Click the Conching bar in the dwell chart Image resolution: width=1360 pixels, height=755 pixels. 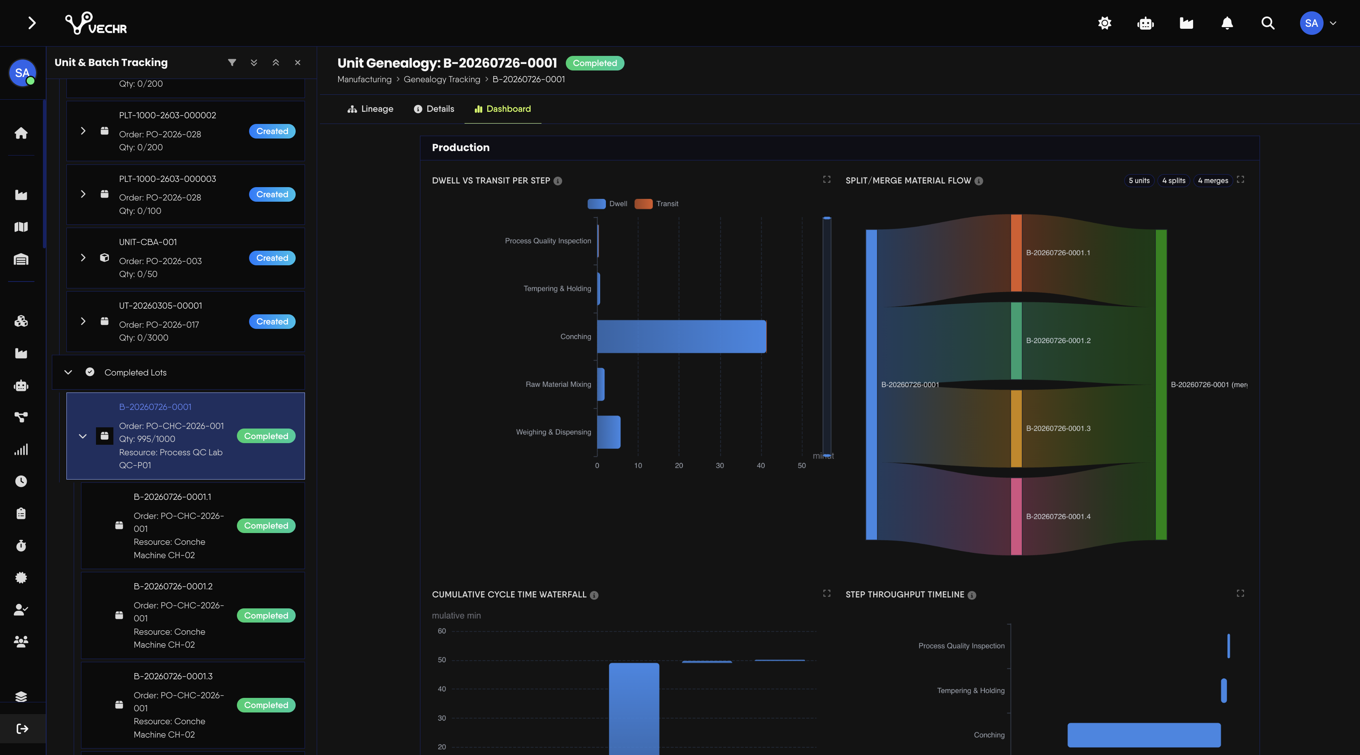[x=682, y=336]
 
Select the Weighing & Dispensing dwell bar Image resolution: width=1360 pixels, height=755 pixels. [x=609, y=432]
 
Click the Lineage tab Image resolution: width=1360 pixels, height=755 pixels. [x=370, y=109]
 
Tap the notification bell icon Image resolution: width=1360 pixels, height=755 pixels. [x=1227, y=23]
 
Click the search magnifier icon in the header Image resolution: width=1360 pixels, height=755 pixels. [x=1268, y=23]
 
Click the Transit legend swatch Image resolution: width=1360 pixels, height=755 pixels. [x=643, y=204]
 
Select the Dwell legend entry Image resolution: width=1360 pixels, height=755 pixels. [x=607, y=204]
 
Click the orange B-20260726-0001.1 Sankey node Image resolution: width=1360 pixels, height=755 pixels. [x=1016, y=253]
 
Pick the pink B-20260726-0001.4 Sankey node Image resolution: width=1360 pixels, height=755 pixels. [x=1016, y=516]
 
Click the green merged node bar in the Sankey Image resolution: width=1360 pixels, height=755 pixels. [x=1161, y=384]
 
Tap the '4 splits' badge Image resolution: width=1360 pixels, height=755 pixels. [x=1174, y=181]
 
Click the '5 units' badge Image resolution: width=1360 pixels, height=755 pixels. [x=1139, y=181]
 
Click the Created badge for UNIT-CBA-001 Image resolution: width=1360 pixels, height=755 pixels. [x=272, y=258]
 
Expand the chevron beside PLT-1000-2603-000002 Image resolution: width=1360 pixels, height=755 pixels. [x=83, y=131]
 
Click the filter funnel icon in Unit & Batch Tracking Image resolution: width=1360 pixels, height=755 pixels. [x=232, y=62]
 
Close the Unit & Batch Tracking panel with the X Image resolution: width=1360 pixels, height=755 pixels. [x=298, y=62]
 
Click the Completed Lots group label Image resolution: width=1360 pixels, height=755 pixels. [x=135, y=372]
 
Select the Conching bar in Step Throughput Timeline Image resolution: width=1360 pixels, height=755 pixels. [x=1144, y=735]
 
